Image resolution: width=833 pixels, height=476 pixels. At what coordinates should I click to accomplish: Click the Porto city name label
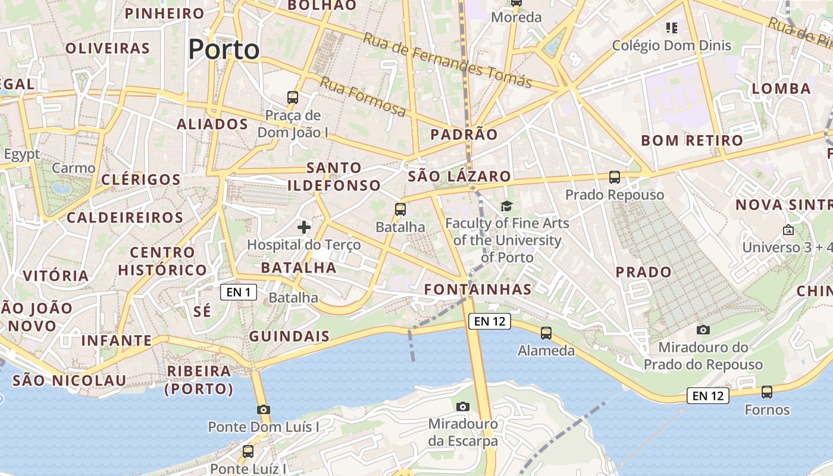pos(224,50)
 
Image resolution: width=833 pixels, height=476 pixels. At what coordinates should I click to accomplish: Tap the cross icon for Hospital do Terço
pos(304,227)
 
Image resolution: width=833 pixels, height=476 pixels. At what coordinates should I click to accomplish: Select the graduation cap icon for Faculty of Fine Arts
pos(506,206)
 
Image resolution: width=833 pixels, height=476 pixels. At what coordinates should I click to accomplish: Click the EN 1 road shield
pos(239,292)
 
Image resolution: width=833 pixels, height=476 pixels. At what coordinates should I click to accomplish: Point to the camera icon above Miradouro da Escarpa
pos(463,406)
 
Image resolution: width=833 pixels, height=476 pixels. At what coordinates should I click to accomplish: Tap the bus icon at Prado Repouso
pos(615,177)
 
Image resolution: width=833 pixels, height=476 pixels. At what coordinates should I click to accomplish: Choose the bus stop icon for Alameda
pos(546,333)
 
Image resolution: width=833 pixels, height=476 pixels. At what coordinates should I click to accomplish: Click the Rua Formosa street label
pos(363,96)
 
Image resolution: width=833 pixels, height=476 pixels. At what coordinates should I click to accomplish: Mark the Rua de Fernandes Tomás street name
pos(447,60)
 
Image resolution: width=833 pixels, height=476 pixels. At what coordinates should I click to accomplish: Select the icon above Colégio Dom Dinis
pos(672,27)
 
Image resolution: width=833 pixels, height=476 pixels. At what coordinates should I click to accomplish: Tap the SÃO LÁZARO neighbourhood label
pos(459,176)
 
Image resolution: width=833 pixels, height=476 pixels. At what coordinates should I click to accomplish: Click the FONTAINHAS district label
pos(477,289)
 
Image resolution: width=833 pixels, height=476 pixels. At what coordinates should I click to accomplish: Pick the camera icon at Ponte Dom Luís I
pos(264,409)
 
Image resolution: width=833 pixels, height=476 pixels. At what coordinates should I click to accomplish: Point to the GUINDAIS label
pos(289,336)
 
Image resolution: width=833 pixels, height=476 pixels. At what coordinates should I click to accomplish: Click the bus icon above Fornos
pos(767,392)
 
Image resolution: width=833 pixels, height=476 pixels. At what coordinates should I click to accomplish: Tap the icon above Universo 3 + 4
pos(788,229)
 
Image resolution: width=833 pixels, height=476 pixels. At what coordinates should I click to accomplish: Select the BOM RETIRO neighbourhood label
pos(692,140)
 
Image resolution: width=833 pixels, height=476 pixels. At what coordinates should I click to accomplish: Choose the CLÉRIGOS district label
pos(141,180)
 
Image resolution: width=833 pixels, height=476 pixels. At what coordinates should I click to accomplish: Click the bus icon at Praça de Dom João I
pos(293,97)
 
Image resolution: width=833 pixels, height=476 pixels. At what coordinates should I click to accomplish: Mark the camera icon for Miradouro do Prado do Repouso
pos(703,330)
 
